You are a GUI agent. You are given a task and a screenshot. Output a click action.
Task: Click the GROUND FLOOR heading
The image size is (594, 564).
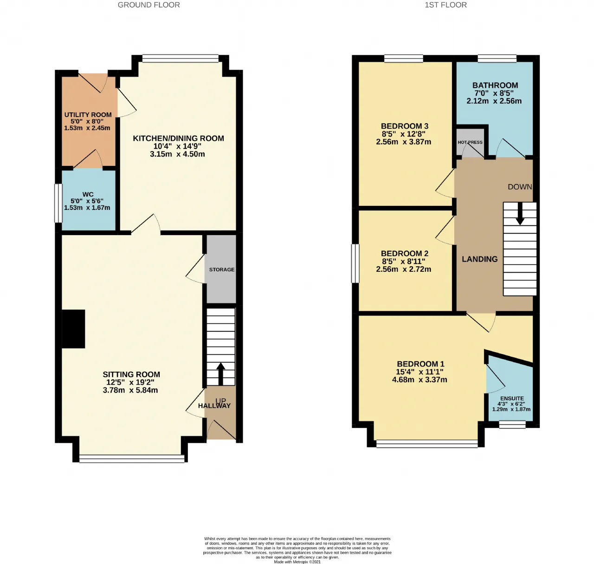pos(148,5)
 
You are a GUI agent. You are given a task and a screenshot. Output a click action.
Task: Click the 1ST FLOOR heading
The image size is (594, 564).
pos(445,5)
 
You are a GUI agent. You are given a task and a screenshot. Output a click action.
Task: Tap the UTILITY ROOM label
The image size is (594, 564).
pos(88,115)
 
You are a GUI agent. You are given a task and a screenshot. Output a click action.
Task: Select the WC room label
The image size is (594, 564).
pos(88,194)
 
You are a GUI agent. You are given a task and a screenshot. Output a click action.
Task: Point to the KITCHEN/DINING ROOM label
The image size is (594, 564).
pos(179,138)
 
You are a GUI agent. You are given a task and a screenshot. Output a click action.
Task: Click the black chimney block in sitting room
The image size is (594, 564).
pos(73,329)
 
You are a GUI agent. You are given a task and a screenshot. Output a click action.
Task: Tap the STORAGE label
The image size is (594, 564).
pos(222,269)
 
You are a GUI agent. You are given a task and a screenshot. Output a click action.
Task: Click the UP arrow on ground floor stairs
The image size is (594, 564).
pos(221,374)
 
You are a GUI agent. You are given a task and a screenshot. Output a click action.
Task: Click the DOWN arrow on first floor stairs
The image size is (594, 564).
pos(520,214)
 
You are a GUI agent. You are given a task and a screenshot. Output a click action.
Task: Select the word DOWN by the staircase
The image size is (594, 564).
pos(520,187)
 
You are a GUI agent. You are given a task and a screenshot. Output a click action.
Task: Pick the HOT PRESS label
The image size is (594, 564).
pos(470,142)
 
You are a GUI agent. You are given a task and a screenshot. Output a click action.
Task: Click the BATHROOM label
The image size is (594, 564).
pos(495,85)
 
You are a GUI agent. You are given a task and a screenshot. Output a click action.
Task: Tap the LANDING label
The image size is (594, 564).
pos(479,259)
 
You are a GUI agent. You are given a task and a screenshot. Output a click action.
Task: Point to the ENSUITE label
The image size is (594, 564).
pos(512,399)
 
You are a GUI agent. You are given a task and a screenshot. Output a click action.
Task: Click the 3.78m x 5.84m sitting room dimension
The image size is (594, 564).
pos(130,390)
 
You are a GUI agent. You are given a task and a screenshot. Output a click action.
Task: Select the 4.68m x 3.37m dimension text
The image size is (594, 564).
pos(420,380)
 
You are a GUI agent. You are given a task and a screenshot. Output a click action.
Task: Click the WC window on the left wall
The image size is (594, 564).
pos(58,203)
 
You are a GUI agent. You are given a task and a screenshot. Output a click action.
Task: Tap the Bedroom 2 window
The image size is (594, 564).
pos(355,263)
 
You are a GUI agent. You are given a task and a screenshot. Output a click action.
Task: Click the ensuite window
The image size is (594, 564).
pos(512,425)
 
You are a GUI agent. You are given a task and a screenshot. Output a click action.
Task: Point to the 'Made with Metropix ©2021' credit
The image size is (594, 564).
pos(297,562)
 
